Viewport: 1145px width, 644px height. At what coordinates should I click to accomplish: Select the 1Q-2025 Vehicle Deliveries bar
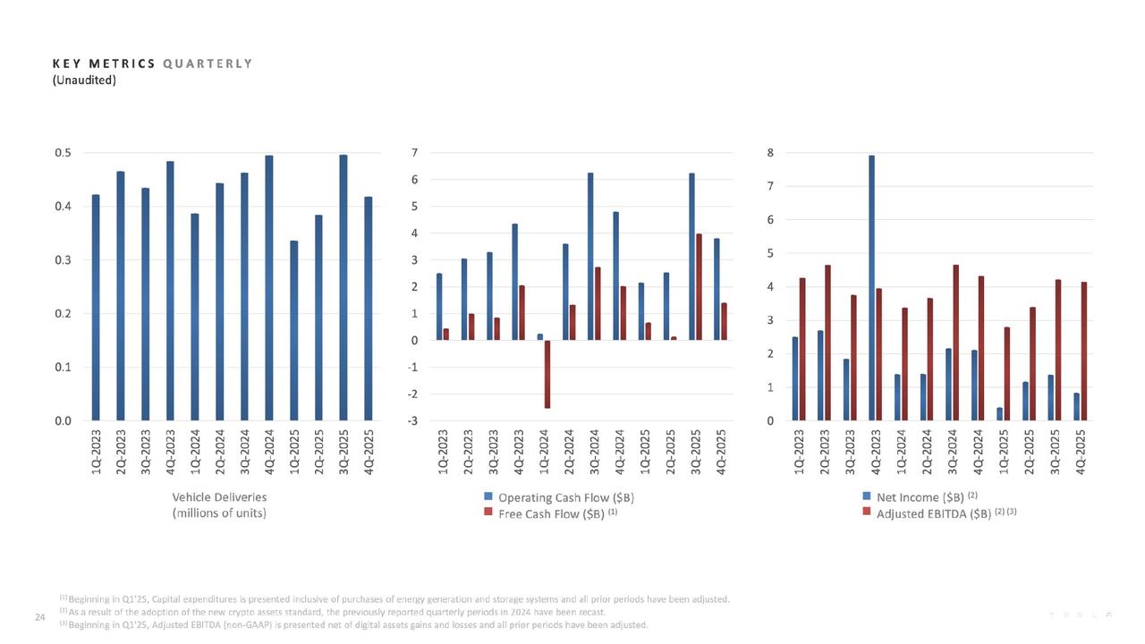coord(294,330)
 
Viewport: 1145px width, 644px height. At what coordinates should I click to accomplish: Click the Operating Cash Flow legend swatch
coord(488,497)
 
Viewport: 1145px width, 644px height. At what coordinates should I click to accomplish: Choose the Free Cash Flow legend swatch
coord(488,513)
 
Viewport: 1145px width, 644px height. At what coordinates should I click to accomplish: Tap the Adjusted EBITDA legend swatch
coord(866,513)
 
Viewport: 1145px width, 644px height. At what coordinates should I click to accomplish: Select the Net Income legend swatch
coord(866,497)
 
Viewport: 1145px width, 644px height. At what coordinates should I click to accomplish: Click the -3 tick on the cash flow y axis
coord(415,421)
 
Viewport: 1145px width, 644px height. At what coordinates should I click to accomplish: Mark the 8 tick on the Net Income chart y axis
coord(770,153)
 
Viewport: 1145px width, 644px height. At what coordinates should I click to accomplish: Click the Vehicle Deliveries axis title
coord(219,497)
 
